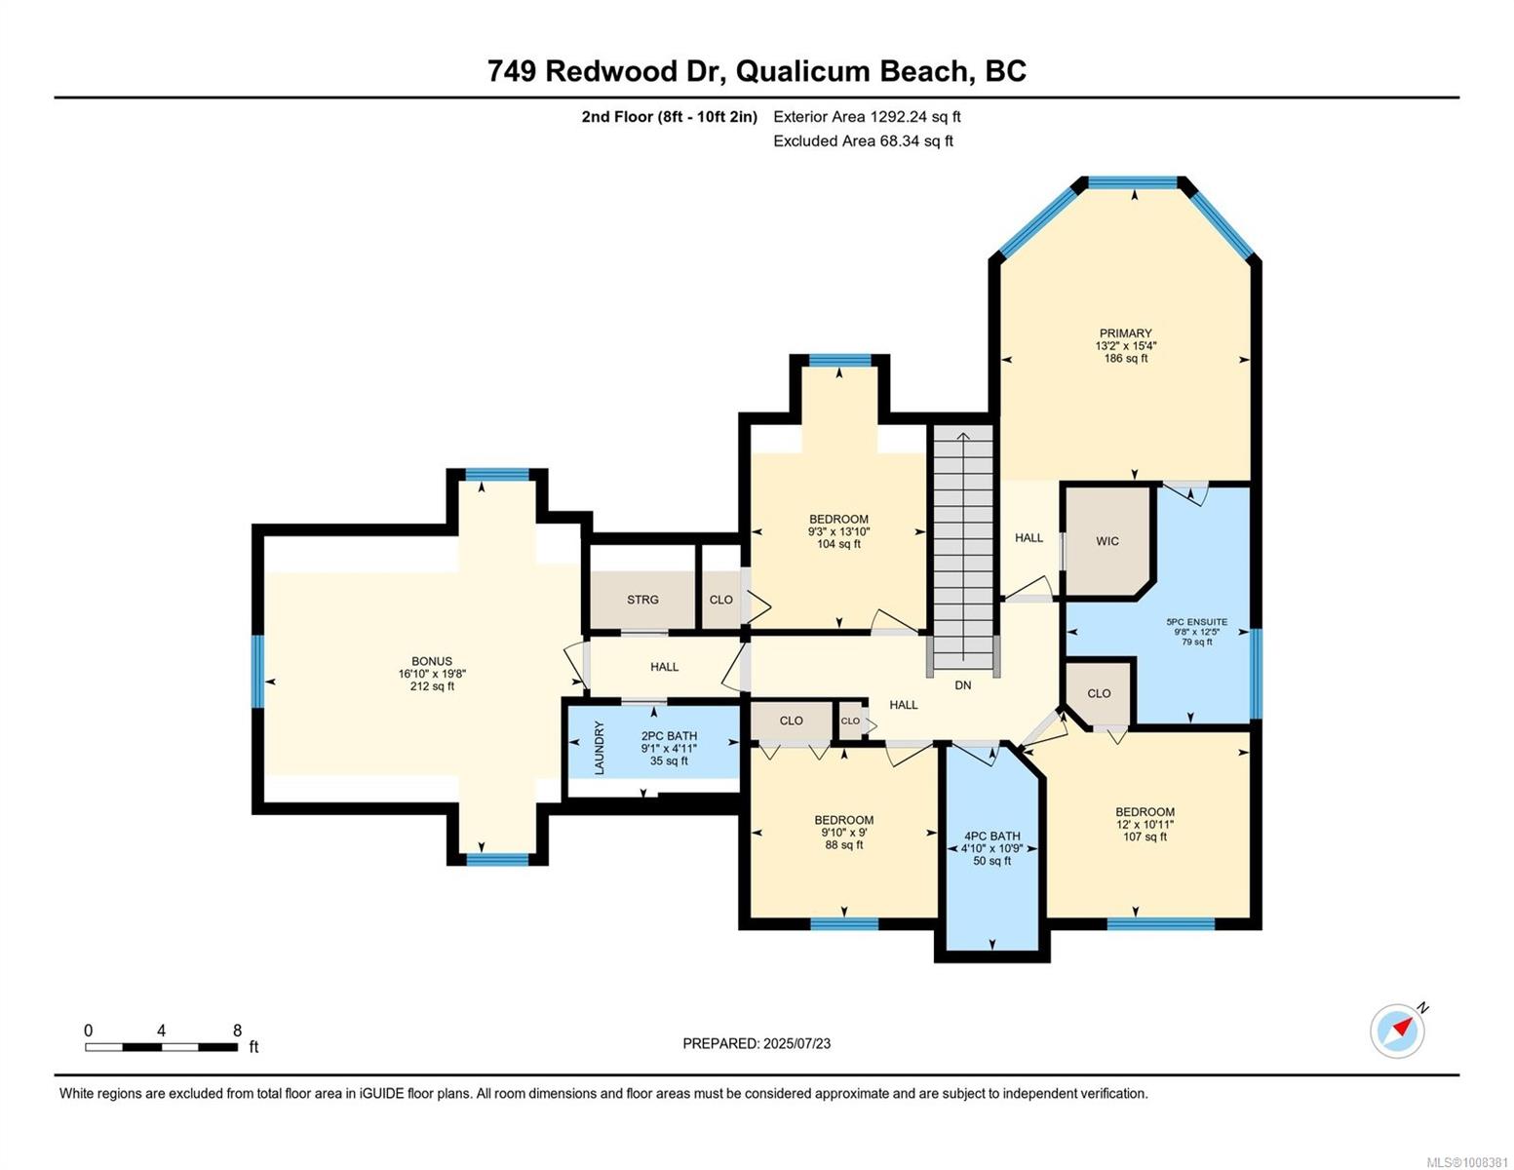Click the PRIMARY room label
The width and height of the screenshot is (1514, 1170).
click(1125, 333)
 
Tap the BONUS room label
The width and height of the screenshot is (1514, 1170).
click(432, 661)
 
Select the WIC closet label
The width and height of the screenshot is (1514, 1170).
click(1107, 541)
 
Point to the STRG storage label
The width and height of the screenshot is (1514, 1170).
click(642, 600)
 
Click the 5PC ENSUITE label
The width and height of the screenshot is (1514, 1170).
click(1197, 622)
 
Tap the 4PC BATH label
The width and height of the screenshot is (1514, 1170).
click(992, 836)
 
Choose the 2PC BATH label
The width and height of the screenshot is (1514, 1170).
click(669, 736)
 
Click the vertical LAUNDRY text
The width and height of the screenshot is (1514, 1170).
click(600, 749)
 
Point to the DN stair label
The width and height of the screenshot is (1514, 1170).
click(963, 685)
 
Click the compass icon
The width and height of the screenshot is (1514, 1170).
click(1398, 1030)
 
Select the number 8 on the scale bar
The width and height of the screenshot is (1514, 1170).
click(237, 1030)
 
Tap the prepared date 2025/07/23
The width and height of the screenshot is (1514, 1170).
click(796, 1043)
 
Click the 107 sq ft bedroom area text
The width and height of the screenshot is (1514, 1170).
click(1145, 837)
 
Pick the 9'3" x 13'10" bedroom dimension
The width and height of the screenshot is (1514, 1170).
click(838, 531)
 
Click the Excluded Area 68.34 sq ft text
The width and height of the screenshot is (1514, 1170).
click(863, 140)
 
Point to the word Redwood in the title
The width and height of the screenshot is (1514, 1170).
click(610, 71)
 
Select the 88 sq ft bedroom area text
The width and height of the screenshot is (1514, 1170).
click(843, 844)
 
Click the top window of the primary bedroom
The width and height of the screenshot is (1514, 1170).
click(1133, 182)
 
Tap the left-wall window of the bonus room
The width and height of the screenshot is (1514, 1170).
click(257, 671)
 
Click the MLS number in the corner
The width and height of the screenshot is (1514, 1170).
click(1469, 1162)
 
